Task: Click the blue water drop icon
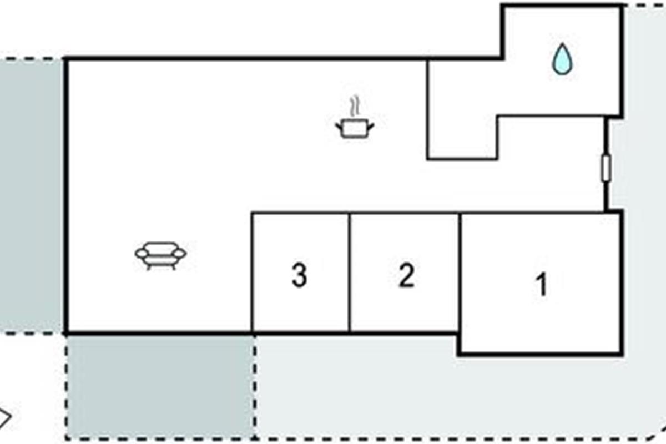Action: point(562,59)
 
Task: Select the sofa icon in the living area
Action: point(160,256)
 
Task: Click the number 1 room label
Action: point(542,285)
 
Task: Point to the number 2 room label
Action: point(406,275)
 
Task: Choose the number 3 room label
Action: point(299,275)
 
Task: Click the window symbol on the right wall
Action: point(606,168)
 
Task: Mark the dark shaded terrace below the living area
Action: point(160,386)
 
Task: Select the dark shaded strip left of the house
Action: point(31,196)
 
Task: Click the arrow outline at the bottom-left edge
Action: point(6,416)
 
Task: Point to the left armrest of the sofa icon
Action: point(141,254)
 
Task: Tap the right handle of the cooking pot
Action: point(371,126)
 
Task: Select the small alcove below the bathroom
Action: point(462,137)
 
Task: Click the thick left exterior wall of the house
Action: point(66,196)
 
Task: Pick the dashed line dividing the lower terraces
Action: point(255,386)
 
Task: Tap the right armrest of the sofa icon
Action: point(180,253)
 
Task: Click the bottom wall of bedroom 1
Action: point(540,354)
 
